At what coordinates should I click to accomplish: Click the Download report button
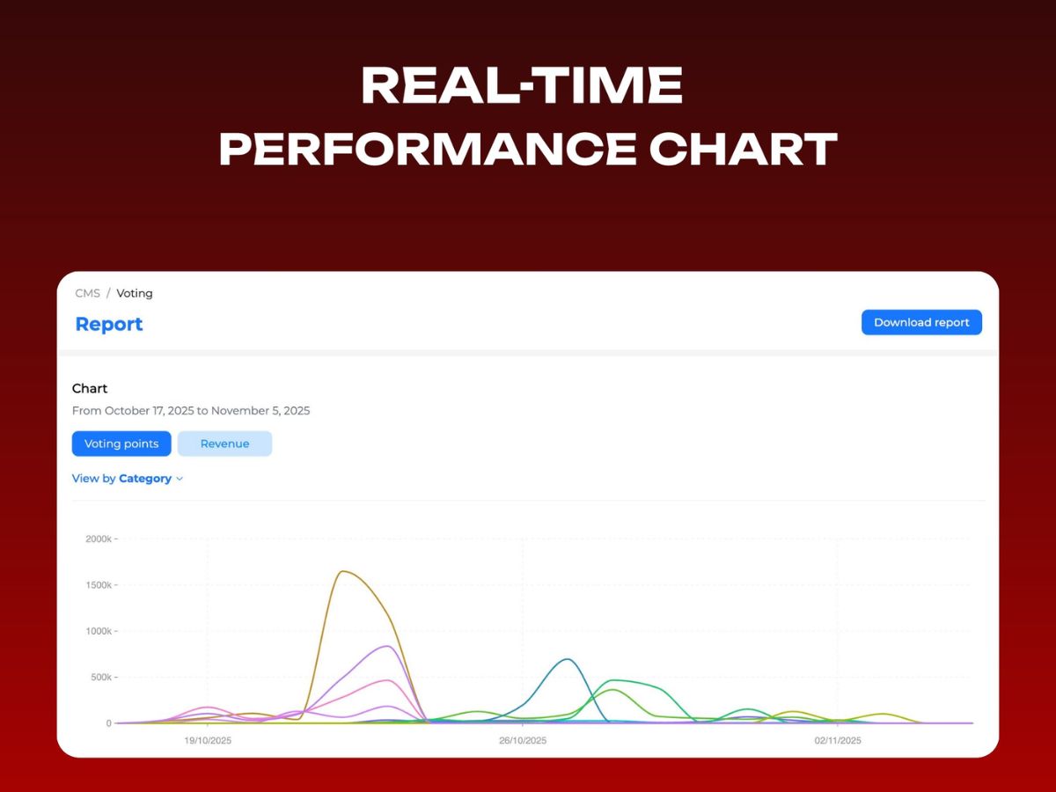coord(921,322)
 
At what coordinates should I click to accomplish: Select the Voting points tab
coord(121,444)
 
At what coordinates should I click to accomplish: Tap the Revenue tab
coord(224,444)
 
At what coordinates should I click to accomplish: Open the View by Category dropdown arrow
coord(180,479)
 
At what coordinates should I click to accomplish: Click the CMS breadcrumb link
coord(87,293)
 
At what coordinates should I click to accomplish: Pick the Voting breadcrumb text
coord(135,293)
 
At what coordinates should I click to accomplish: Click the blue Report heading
coord(109,324)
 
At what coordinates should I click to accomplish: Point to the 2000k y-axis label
coord(99,539)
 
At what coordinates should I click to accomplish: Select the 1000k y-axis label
coord(99,631)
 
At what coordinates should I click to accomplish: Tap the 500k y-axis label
coord(101,677)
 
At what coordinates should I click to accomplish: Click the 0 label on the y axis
coord(109,723)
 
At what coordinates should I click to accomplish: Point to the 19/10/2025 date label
coord(208,741)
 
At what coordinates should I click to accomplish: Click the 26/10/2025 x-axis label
coord(523,741)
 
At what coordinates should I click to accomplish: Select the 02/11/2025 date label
coord(838,741)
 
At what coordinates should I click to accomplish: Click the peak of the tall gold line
coord(343,571)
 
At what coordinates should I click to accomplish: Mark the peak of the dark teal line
coord(568,659)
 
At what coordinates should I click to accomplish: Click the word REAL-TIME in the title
coord(522,85)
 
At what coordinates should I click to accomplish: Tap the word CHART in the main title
coord(744,148)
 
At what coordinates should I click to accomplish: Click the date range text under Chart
coord(191,411)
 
